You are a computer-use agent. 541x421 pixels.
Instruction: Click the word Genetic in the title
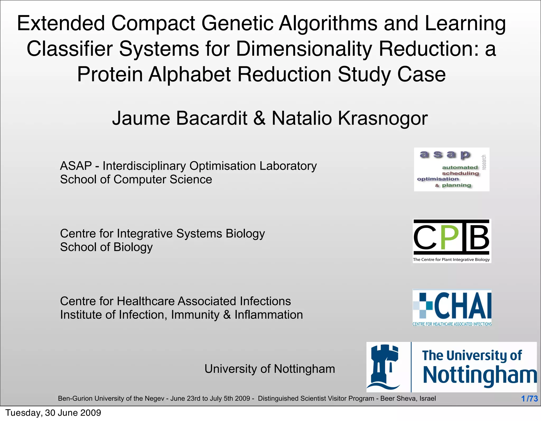[x=237, y=23]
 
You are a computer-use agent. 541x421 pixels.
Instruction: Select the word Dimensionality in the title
[x=304, y=49]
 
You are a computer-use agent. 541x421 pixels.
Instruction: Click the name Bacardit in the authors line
[x=211, y=118]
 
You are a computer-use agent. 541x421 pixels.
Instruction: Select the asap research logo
[x=451, y=169]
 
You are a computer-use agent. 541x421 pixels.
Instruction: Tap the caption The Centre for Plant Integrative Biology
[x=451, y=260]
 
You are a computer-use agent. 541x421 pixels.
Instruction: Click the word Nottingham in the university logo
[x=479, y=375]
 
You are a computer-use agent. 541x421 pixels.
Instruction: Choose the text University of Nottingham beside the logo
[x=269, y=369]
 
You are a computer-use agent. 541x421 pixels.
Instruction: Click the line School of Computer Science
[x=136, y=179]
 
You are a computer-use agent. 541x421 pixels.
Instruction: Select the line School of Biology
[x=106, y=247]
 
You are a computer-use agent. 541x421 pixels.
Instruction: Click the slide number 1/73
[x=529, y=399]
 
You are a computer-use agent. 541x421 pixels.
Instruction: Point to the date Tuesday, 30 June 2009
[x=53, y=413]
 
